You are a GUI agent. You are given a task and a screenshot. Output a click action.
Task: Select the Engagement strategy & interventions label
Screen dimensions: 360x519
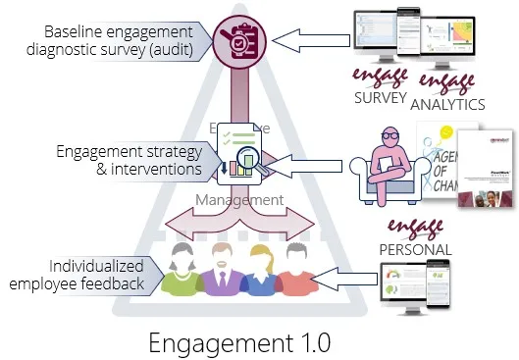(x=130, y=161)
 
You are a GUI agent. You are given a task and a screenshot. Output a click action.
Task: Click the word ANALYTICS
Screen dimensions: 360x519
(x=446, y=102)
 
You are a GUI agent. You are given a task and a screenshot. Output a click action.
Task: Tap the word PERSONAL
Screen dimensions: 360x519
(x=414, y=250)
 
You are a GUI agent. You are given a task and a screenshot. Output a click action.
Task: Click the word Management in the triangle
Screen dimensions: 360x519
(x=239, y=200)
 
